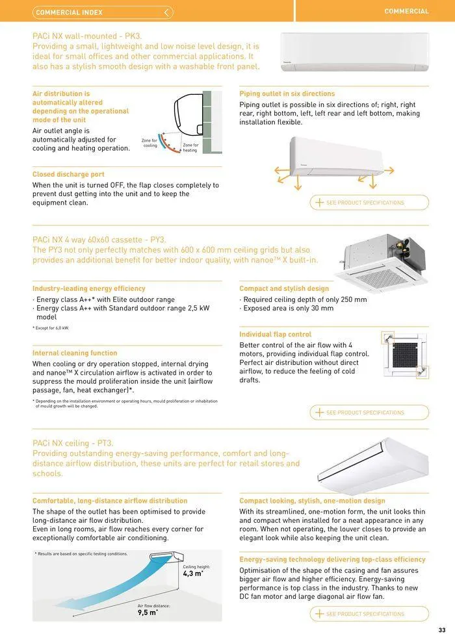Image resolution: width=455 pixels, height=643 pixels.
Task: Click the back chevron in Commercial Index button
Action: pos(167,12)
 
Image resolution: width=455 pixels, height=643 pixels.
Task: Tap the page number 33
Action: pos(442,629)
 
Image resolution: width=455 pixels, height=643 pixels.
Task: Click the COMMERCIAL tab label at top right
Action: pos(406,11)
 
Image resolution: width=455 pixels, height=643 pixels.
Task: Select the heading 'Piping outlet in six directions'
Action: pos(287,94)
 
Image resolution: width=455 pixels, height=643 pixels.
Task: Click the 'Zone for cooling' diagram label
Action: pos(149,143)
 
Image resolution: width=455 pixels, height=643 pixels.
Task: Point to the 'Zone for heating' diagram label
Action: pos(190,147)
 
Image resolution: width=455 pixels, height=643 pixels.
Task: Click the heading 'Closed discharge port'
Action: pos(68,175)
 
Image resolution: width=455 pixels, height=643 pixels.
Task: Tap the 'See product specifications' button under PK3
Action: pos(369,203)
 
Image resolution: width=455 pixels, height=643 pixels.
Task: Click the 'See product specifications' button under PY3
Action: pos(369,412)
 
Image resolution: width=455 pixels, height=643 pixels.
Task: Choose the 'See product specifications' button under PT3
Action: pos(369,614)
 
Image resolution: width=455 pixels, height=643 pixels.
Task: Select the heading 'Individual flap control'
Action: pos(275,334)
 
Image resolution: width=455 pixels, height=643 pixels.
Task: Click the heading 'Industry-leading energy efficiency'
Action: pos(89,288)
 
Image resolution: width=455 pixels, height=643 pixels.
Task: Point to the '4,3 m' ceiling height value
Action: pos(192,574)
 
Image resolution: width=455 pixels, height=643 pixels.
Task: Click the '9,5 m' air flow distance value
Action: pos(147,612)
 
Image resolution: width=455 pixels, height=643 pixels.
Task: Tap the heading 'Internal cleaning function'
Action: pos(75,353)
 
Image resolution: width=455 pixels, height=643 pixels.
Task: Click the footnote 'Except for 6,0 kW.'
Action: pos(51,328)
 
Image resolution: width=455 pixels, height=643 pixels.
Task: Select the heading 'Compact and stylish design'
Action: pos(284,288)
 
